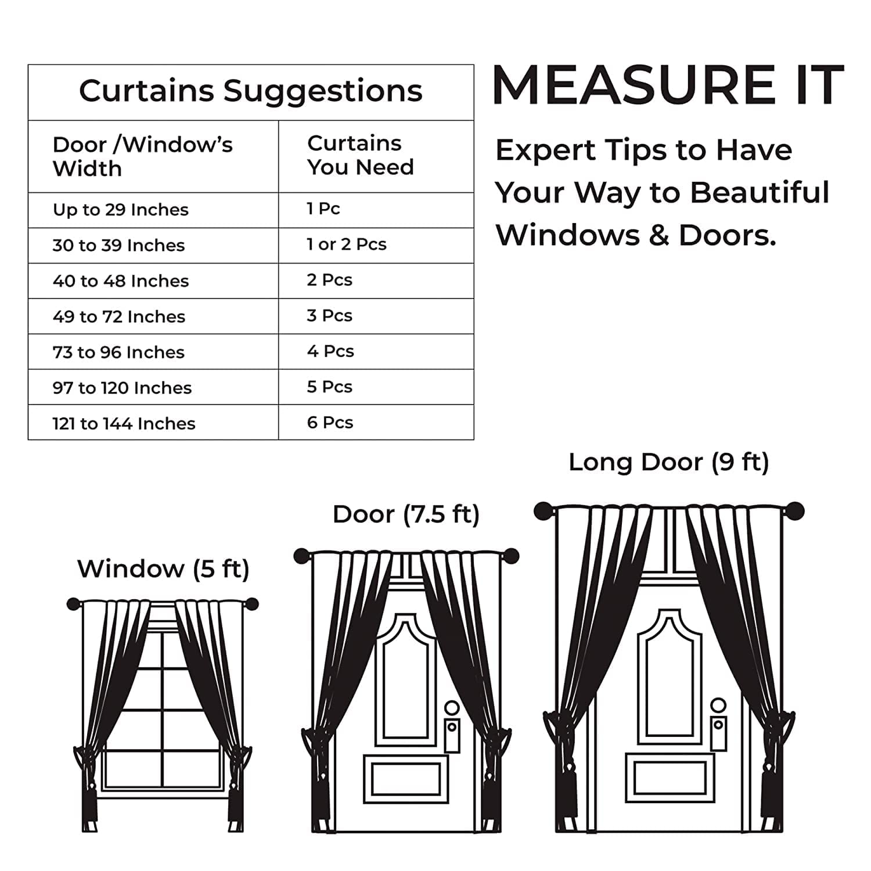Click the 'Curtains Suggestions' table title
point(251,91)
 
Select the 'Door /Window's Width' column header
point(142,156)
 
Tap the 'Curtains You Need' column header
point(361,155)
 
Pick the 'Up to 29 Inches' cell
point(121,210)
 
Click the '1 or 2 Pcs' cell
point(347,244)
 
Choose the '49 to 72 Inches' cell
point(119,316)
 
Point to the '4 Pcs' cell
point(330,351)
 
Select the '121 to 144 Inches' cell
point(124,423)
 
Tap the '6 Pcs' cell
point(330,423)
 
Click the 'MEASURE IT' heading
point(668,85)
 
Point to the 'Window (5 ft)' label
point(163,569)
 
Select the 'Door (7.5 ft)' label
point(406,514)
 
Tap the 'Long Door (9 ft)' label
point(669,462)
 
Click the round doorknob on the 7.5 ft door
point(452,708)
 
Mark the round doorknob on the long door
point(718,705)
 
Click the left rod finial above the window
point(74,604)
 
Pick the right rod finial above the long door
point(795,511)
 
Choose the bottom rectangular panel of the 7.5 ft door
point(406,779)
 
